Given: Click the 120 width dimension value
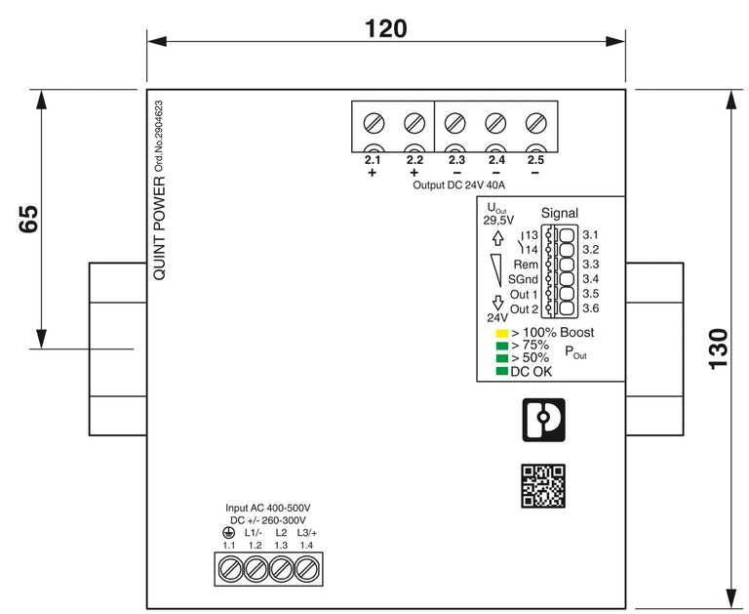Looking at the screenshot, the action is click(386, 28).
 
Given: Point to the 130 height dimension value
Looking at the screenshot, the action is click(718, 348).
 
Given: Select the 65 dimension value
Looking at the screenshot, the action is click(28, 219).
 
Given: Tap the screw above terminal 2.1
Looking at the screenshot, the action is click(374, 123).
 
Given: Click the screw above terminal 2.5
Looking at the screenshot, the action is click(536, 123).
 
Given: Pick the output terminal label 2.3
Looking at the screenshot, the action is click(456, 160).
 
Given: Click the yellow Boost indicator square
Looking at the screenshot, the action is click(502, 333).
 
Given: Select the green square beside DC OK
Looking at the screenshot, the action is click(502, 371).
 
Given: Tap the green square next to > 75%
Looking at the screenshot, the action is click(502, 346).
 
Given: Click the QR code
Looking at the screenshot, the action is click(543, 486).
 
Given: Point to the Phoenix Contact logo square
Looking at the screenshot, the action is click(543, 420).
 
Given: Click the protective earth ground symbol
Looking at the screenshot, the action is click(229, 533).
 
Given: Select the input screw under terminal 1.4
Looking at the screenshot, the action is click(306, 569).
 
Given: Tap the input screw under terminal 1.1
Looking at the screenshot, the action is click(229, 569).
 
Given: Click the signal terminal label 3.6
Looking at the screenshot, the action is click(590, 308).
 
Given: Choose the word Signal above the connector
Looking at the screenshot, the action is click(560, 213).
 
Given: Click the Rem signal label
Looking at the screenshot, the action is click(526, 265).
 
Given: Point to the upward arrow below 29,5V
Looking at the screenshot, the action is click(498, 238).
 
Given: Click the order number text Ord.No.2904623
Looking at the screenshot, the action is click(159, 137).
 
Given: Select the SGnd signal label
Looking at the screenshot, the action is click(523, 279).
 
